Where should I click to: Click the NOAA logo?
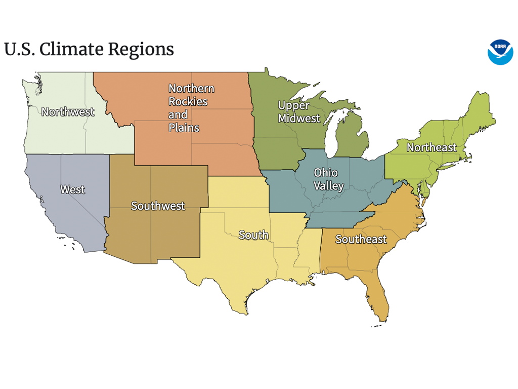coord(500,52)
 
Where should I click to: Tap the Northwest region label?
coord(68,112)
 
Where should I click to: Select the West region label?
coord(73,189)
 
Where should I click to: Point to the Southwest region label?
coord(158,206)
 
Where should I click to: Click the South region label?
coord(253,235)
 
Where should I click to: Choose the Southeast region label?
coord(361,239)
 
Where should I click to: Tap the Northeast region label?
coord(431,147)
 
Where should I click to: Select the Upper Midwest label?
coord(299,112)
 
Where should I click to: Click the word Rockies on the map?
coord(188,101)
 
